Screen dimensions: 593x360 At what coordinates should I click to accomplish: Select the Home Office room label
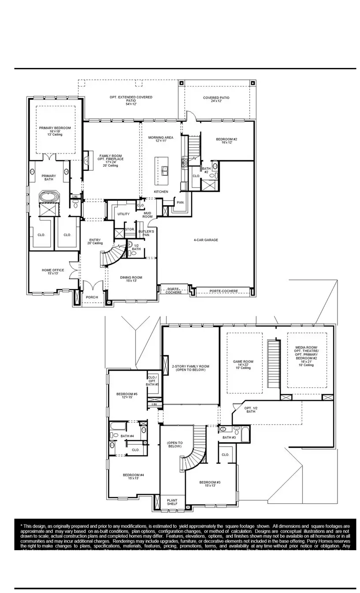(x=53, y=272)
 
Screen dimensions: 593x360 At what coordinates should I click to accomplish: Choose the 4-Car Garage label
(x=206, y=240)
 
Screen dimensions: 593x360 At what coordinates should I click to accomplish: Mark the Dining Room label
(x=131, y=279)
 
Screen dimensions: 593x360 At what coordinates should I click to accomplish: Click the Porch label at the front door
(x=92, y=297)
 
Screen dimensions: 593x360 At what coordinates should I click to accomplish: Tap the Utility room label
(x=124, y=214)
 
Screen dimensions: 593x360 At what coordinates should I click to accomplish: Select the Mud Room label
(x=147, y=215)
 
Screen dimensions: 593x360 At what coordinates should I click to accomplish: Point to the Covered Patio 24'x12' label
(x=216, y=99)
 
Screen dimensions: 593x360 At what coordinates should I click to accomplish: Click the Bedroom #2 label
(x=227, y=141)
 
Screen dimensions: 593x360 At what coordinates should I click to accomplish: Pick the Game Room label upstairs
(x=243, y=364)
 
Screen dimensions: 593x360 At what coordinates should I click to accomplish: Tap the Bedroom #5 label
(x=127, y=395)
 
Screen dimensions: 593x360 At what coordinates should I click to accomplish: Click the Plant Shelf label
(x=172, y=503)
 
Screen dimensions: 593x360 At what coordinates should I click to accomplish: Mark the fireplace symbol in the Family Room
(x=86, y=158)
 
